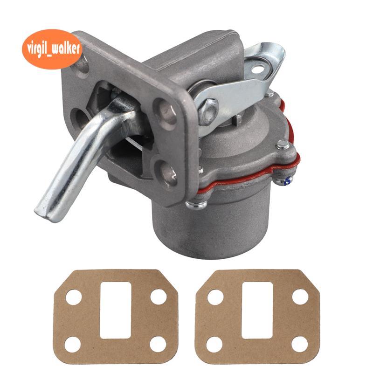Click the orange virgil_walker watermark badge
tap(52, 49)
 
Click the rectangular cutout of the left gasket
tap(116, 310)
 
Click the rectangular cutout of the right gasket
tap(257, 310)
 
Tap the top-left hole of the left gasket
tap(74, 297)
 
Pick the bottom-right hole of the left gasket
tap(158, 345)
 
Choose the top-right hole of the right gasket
tap(300, 297)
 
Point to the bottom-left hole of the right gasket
tap(214, 345)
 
